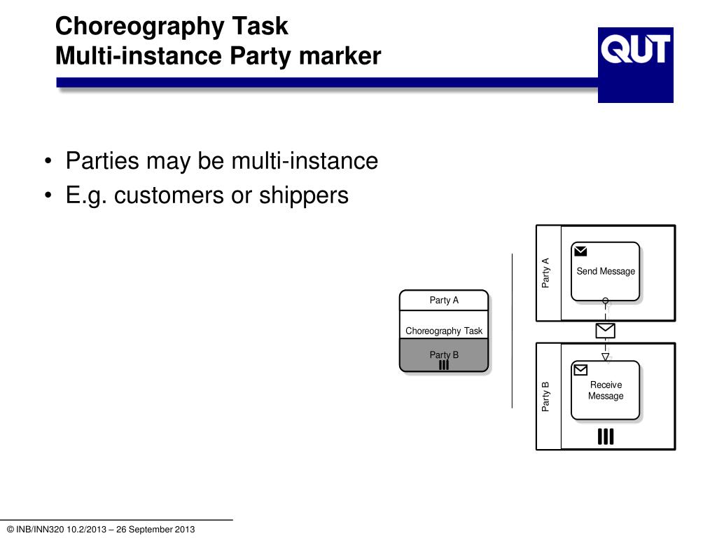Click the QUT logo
coord(635,64)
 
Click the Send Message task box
coord(605,271)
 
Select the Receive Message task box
coord(605,390)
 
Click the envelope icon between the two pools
coord(605,330)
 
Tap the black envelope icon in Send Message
coord(580,251)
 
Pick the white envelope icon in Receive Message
coord(580,369)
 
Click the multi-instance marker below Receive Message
coord(606,437)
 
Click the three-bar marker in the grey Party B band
coord(444,365)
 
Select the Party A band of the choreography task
coord(444,301)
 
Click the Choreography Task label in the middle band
coord(444,331)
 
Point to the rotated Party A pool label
coord(546,273)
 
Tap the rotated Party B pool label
coord(546,396)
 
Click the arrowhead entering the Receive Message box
coord(606,357)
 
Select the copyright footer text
coord(101,530)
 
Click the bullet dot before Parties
coord(47,163)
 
